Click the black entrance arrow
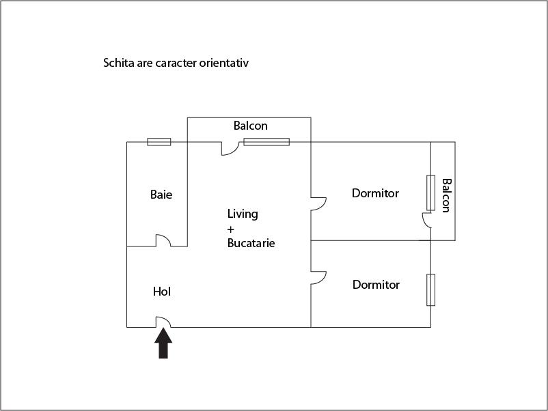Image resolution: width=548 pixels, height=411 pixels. [x=163, y=343]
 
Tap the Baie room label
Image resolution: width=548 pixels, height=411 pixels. [x=161, y=195]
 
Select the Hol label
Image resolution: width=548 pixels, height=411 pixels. [x=162, y=292]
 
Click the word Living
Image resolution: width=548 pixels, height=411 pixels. [x=243, y=214]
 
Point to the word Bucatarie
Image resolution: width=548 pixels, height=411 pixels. [x=251, y=243]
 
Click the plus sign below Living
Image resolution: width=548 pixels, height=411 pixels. [x=231, y=229]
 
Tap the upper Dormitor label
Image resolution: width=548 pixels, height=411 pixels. [x=375, y=193]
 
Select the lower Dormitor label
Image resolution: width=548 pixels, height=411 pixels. [x=376, y=285]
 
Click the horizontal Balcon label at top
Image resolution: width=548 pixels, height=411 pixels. [x=251, y=126]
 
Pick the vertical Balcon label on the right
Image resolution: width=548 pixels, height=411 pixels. [x=447, y=195]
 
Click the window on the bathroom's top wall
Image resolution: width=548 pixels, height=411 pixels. [x=159, y=142]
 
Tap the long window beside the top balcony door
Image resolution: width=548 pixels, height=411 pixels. [x=266, y=142]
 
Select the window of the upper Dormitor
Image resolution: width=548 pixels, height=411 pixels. [x=431, y=193]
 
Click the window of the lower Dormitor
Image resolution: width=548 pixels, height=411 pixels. [x=431, y=290]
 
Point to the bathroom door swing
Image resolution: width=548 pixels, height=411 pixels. [x=163, y=240]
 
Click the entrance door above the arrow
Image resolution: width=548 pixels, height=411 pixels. [x=163, y=322]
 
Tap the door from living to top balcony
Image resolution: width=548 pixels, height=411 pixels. [x=230, y=148]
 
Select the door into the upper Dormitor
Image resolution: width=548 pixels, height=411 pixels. [x=318, y=204]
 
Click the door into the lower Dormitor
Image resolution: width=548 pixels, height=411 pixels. [x=318, y=278]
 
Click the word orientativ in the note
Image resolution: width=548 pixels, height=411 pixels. [x=224, y=63]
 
